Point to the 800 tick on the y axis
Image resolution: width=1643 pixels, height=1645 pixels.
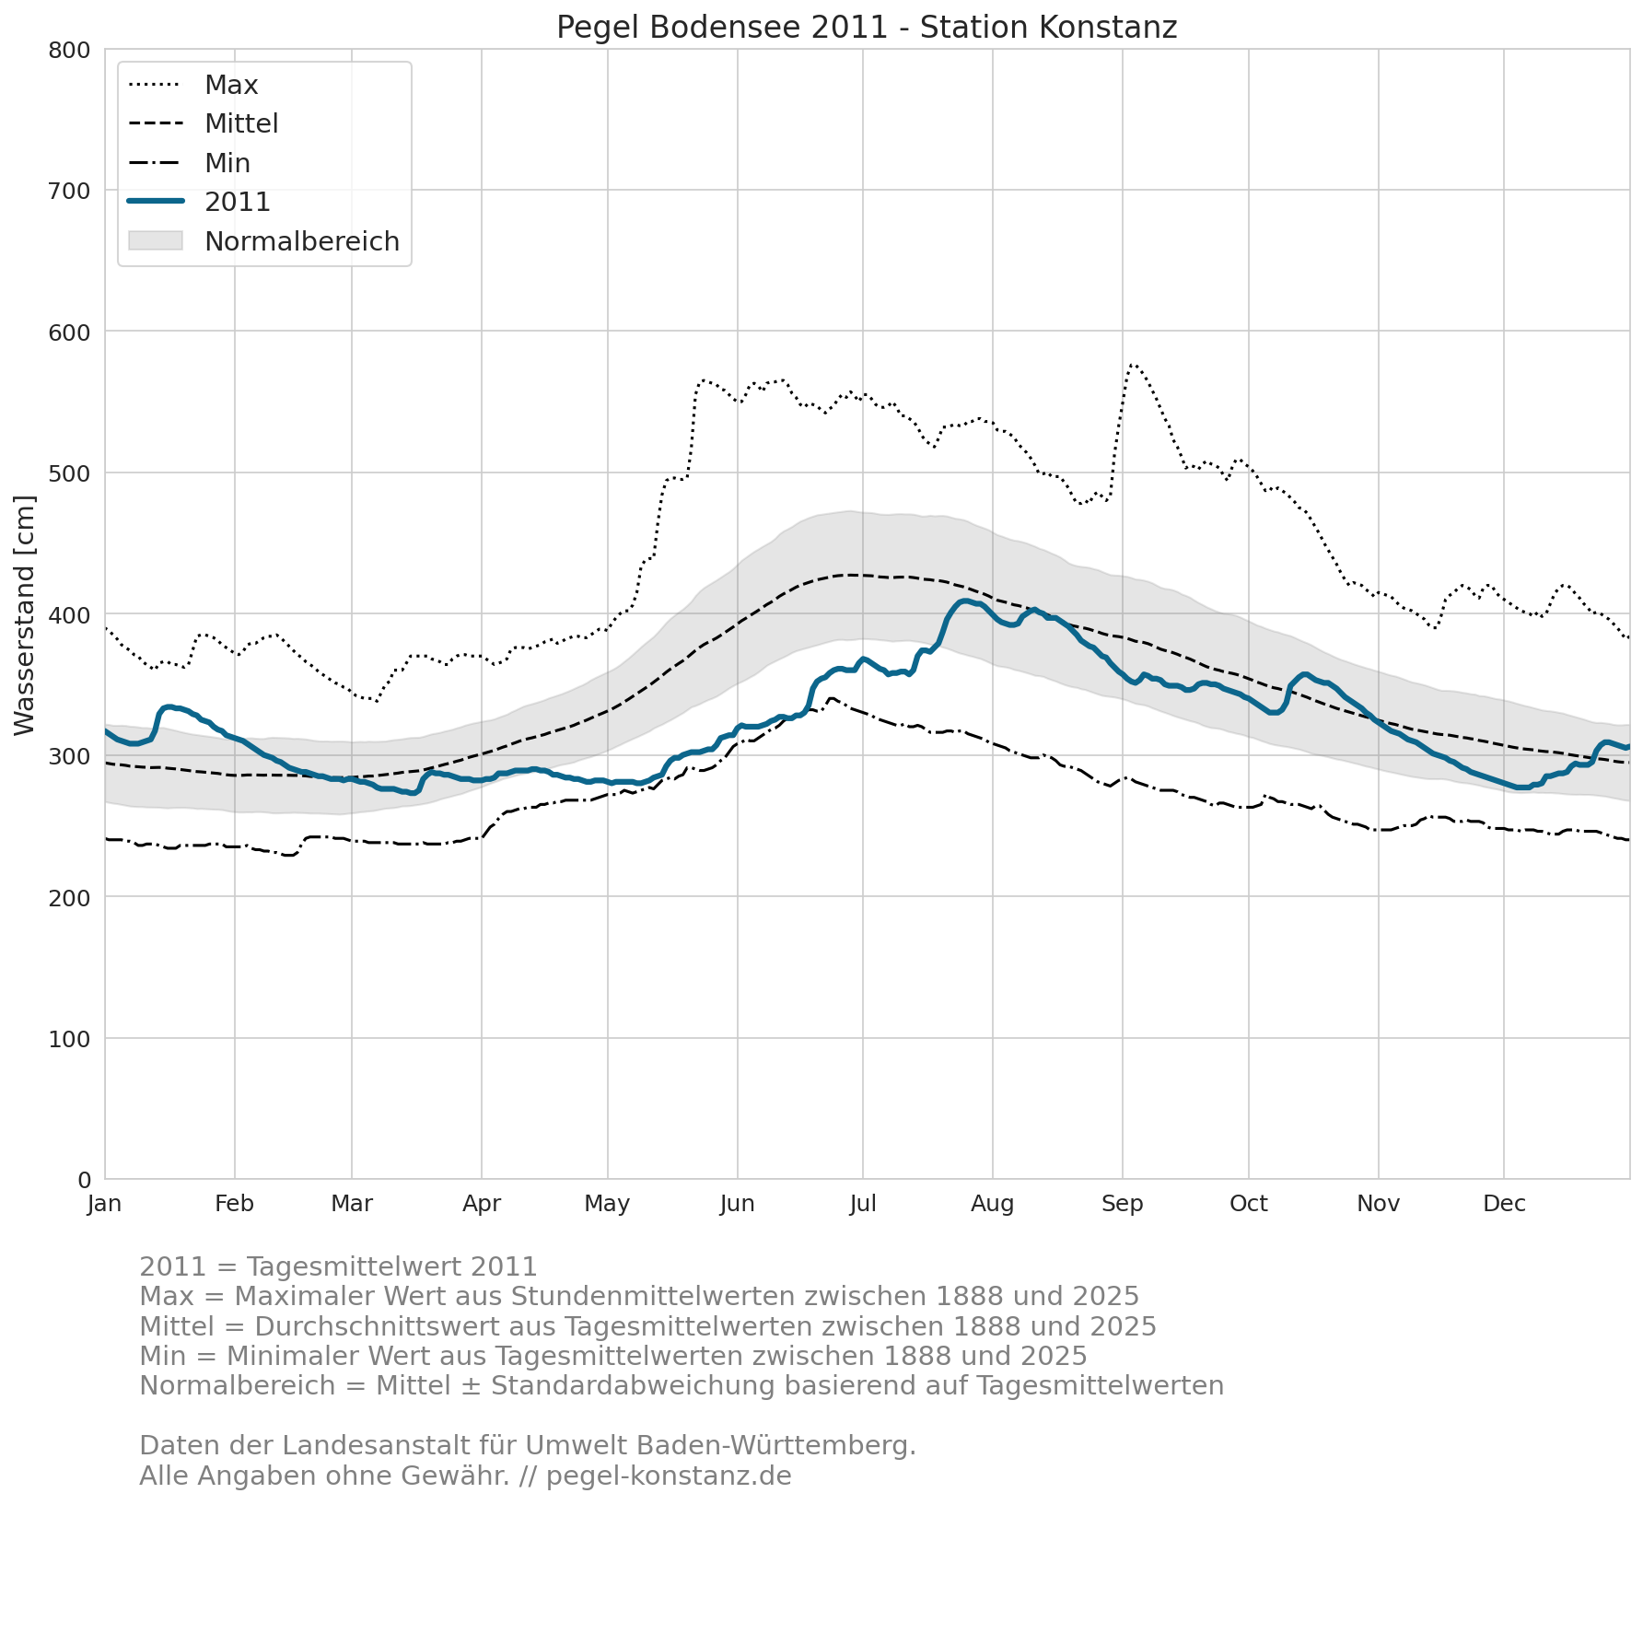[x=69, y=50]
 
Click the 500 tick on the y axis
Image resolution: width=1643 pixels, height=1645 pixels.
[x=69, y=473]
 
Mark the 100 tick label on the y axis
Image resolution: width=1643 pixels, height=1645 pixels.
[x=69, y=1039]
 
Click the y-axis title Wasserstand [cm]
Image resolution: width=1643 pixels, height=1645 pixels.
[x=25, y=615]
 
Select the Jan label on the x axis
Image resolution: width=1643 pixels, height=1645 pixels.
[x=105, y=1204]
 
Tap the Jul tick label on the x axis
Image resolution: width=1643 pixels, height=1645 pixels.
[x=863, y=1204]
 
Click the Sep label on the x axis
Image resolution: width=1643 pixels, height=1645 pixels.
[x=1123, y=1204]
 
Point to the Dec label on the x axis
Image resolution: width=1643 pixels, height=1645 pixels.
[x=1504, y=1204]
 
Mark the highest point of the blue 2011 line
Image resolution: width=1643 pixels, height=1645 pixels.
[x=964, y=601]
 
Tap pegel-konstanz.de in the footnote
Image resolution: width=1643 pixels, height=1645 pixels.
[x=669, y=1476]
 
